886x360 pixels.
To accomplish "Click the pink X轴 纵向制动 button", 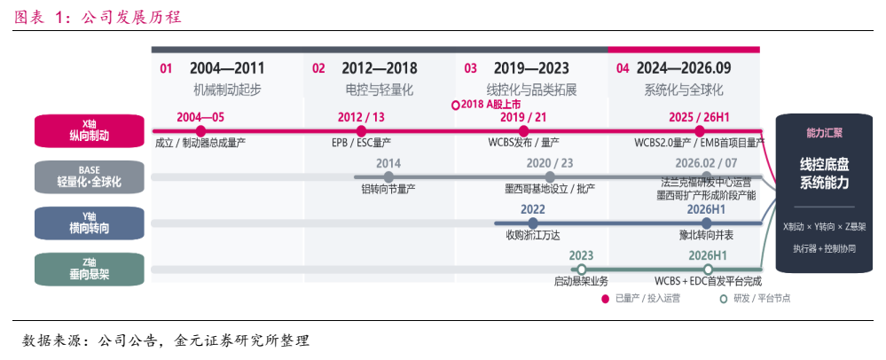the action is point(90,131).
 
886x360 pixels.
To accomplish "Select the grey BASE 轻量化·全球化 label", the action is point(90,176).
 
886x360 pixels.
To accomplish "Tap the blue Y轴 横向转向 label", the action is point(90,223).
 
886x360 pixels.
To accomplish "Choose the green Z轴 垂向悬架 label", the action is point(90,269).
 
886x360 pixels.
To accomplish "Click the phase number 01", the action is point(166,69).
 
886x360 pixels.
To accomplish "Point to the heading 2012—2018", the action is point(380,68).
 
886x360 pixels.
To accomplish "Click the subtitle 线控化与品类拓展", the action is point(532,90).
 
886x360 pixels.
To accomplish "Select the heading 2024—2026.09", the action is point(684,68).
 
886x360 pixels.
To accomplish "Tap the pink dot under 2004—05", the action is point(200,131).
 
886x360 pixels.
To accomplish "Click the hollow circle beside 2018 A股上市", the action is point(456,106).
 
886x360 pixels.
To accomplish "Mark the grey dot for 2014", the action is point(388,176).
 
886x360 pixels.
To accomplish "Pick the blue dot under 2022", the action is point(533,223).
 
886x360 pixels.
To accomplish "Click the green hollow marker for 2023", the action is point(582,269).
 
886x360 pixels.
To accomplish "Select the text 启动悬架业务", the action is point(582,281).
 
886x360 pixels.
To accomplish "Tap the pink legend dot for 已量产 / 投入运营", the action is point(605,299).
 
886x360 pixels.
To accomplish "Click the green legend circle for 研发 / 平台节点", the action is point(724,299).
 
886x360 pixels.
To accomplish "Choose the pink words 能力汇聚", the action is point(824,133).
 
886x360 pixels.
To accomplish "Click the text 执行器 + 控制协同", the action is point(824,248).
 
